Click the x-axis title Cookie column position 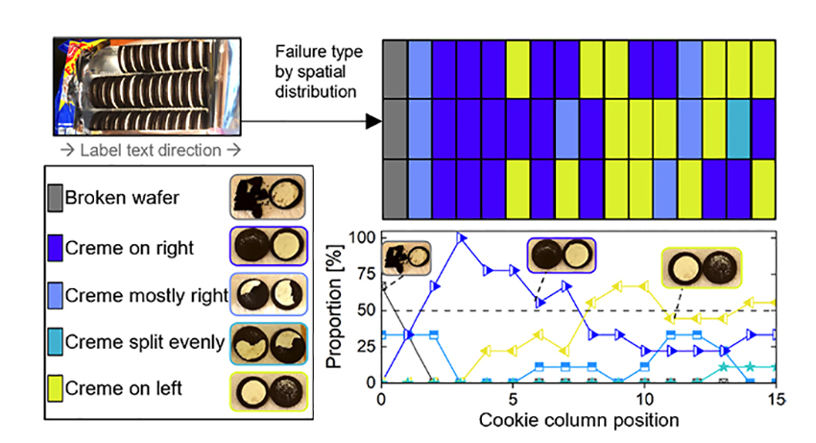click(x=579, y=419)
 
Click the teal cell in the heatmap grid click(x=737, y=127)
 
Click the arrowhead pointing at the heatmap click(x=375, y=122)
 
